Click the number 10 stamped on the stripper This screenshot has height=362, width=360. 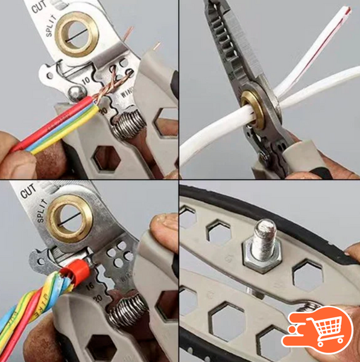[x=85, y=80]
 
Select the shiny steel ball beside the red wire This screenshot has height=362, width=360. [x=75, y=92]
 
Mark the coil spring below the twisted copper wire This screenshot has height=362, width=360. [x=129, y=124]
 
